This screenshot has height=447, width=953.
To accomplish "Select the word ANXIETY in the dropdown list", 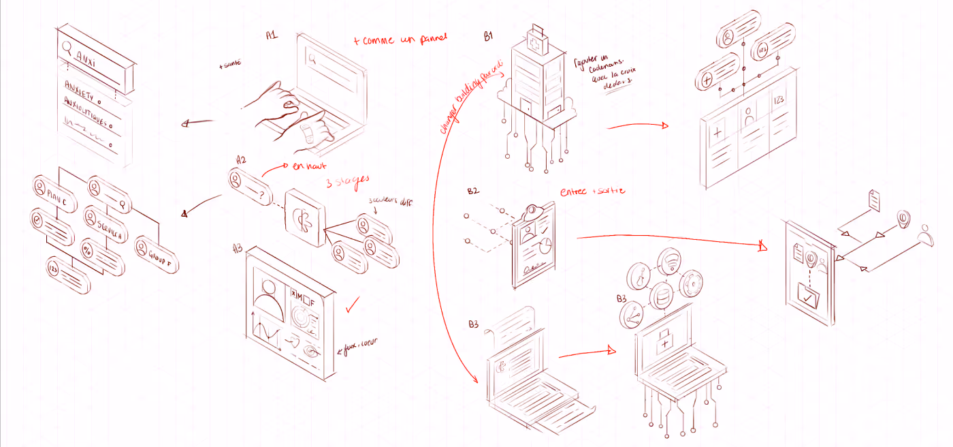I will pyautogui.click(x=80, y=87).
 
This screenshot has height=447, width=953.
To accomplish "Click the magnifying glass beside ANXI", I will pyautogui.click(x=67, y=48).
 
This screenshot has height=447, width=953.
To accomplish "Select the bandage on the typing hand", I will pyautogui.click(x=308, y=131).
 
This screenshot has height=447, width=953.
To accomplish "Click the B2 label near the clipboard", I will pyautogui.click(x=473, y=191).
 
